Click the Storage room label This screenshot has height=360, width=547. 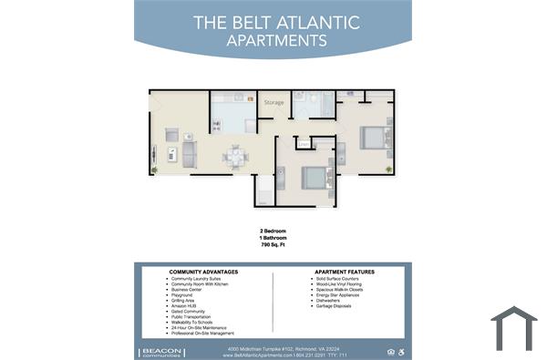[x=273, y=103]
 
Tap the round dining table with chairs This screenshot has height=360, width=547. [x=235, y=157]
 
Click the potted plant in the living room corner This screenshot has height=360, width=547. [x=154, y=170]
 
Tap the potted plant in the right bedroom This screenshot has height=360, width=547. [x=388, y=169]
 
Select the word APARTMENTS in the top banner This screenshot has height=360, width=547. [x=276, y=40]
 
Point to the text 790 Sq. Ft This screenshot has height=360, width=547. [x=273, y=246]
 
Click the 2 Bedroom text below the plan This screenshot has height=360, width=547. [x=273, y=231]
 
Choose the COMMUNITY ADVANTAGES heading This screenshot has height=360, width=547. [x=204, y=272]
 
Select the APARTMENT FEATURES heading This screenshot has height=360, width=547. [x=345, y=272]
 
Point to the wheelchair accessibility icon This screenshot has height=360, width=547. [x=400, y=351]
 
